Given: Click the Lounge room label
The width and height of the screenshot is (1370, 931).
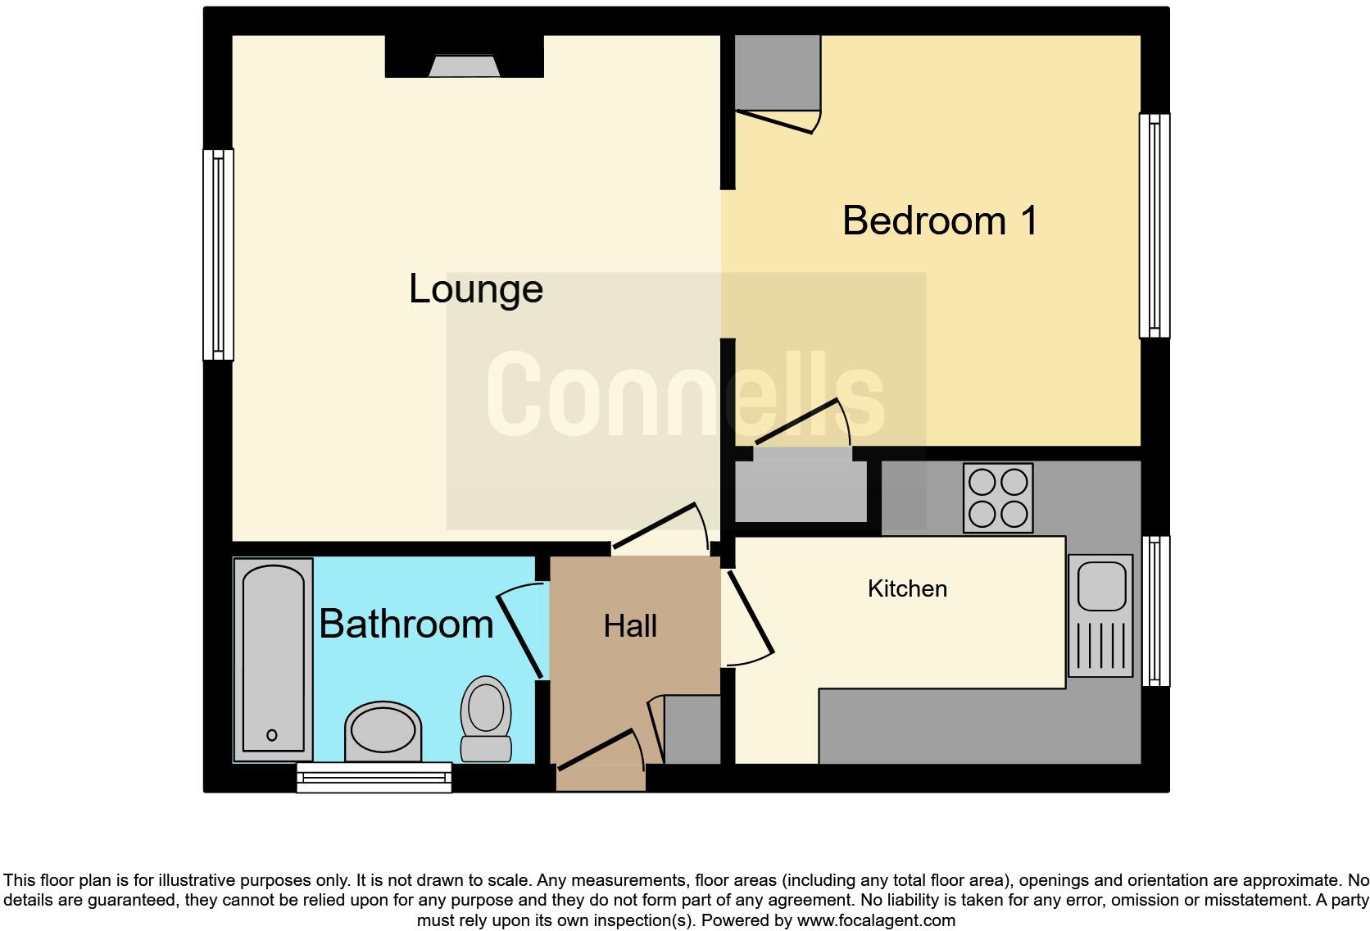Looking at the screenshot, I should click(x=476, y=289).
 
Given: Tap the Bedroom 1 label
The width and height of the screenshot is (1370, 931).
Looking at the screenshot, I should click(x=940, y=221).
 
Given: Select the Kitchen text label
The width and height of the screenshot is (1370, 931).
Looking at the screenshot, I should click(x=907, y=588).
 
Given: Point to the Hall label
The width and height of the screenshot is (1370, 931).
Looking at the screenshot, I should click(x=630, y=626).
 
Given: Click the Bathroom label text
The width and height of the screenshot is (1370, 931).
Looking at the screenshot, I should click(x=406, y=624).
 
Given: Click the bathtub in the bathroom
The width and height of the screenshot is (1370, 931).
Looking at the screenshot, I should click(x=273, y=658).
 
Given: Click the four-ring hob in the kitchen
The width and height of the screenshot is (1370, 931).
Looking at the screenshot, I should click(x=998, y=497).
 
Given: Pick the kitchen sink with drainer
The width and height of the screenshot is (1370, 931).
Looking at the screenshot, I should click(x=1100, y=615).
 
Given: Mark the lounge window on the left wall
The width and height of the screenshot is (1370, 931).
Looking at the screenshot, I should click(x=218, y=254).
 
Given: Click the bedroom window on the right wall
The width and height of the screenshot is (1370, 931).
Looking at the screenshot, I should click(x=1154, y=225).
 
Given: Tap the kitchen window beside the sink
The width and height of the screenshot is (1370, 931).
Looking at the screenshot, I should click(x=1155, y=611).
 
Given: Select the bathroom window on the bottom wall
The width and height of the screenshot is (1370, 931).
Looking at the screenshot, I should click(x=374, y=777).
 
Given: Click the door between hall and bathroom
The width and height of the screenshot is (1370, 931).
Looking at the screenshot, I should click(x=521, y=629).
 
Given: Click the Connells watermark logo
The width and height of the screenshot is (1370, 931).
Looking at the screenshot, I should click(x=685, y=394).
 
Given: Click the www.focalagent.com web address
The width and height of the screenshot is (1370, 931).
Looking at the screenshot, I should click(x=876, y=920).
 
